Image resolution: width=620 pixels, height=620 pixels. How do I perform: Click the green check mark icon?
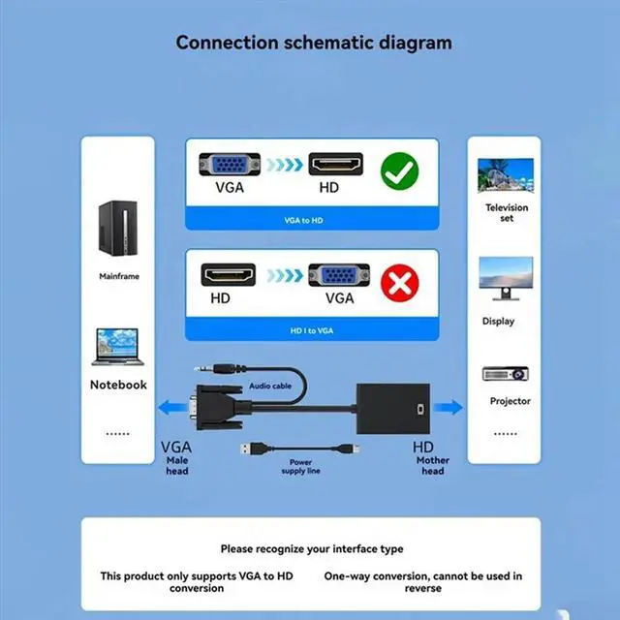[398, 172]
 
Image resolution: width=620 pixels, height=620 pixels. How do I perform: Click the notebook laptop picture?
[118, 347]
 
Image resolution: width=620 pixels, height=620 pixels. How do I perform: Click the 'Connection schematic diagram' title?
[314, 43]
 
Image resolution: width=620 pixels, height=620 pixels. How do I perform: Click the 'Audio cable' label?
[270, 386]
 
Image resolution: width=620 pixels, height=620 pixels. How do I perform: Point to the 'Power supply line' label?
[300, 466]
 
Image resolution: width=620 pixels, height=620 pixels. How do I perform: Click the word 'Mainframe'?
[119, 276]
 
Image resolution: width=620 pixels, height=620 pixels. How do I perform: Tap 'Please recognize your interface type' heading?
[311, 549]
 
